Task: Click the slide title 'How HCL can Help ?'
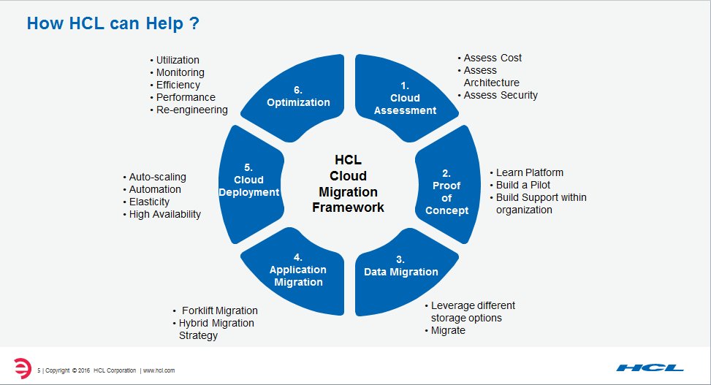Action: pyautogui.click(x=113, y=23)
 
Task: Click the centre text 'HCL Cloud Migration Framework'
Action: pyautogui.click(x=348, y=183)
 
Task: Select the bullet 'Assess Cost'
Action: pyautogui.click(x=493, y=58)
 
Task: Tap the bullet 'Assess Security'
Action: pyautogui.click(x=501, y=95)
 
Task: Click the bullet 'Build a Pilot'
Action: pyautogui.click(x=523, y=185)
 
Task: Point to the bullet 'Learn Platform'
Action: pyautogui.click(x=530, y=172)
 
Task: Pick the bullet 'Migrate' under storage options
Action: pyautogui.click(x=448, y=330)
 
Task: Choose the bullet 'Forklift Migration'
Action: pyautogui.click(x=219, y=310)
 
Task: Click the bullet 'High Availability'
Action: pyautogui.click(x=164, y=214)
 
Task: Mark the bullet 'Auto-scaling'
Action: pyautogui.click(x=157, y=177)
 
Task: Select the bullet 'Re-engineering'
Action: pyautogui.click(x=191, y=110)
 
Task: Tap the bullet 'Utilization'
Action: pyautogui.click(x=178, y=60)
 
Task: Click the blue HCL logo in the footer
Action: pyautogui.click(x=650, y=367)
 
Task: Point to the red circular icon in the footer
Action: pyautogui.click(x=23, y=367)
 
